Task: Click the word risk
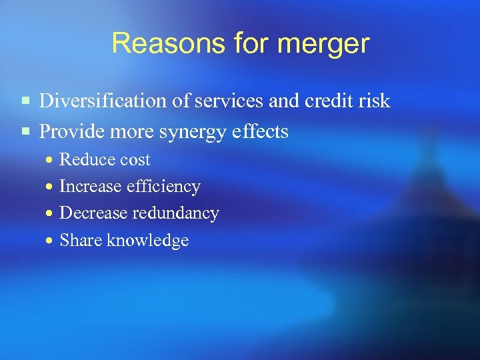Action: [375, 101]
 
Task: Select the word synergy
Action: [193, 133]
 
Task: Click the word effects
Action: [259, 131]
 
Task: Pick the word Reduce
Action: [83, 160]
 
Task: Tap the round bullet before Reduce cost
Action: [49, 161]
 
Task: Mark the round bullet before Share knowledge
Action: [49, 241]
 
